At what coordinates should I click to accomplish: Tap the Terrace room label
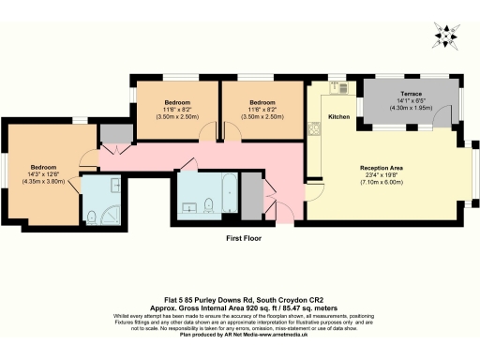pyautogui.click(x=412, y=95)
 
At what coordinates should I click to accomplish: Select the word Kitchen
pyautogui.click(x=339, y=117)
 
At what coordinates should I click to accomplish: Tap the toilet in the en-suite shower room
pyautogui.click(x=92, y=217)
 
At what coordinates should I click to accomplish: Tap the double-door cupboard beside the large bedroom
pyautogui.click(x=114, y=135)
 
